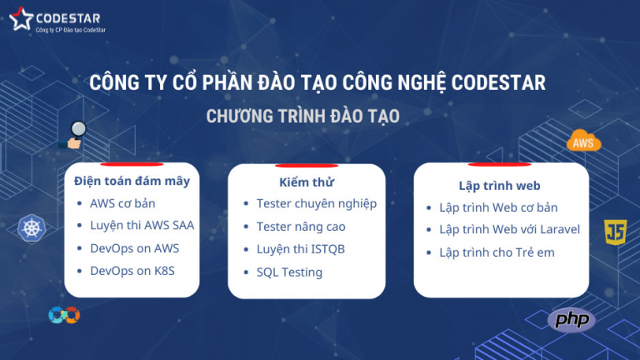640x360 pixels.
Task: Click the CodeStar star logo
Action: click(x=21, y=19)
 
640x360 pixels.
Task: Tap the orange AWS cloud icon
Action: click(x=583, y=142)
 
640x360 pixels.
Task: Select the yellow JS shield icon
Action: click(x=616, y=232)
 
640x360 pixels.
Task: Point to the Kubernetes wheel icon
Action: click(x=30, y=227)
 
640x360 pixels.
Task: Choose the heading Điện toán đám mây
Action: click(x=132, y=181)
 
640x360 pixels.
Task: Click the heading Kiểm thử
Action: click(x=307, y=182)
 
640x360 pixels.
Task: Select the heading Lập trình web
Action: click(x=500, y=186)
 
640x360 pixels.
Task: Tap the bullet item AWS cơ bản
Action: click(x=122, y=203)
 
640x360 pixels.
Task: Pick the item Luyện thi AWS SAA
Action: click(x=142, y=226)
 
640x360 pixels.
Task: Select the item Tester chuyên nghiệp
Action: click(x=317, y=204)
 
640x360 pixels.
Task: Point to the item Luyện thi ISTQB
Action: click(x=301, y=249)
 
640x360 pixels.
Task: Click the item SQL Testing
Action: click(x=289, y=272)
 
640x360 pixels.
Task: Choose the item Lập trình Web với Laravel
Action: click(x=509, y=230)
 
